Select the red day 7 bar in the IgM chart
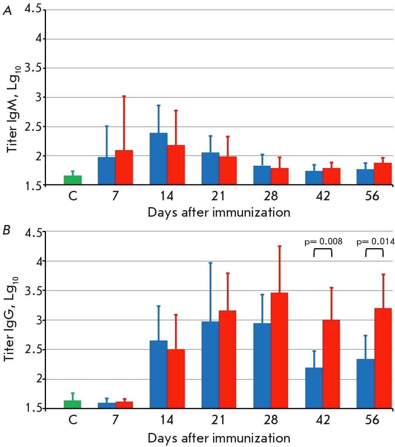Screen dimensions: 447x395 point(124,168)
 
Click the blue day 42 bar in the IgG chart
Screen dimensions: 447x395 point(314,388)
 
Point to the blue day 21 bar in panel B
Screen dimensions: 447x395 point(210,365)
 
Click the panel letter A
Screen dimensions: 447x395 point(7,11)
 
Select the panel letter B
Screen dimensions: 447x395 point(7,231)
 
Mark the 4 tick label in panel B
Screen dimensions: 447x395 point(38,262)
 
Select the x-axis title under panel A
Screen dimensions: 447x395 point(219,212)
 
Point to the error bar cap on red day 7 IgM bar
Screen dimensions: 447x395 point(124,97)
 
